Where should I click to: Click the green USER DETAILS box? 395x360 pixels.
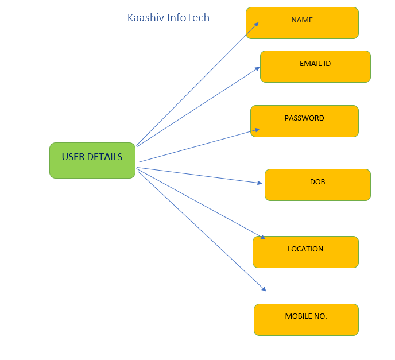[x=92, y=160]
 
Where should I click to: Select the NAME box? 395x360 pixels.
[x=302, y=23]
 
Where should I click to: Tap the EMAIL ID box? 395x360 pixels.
[x=315, y=67]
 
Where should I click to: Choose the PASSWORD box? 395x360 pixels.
[x=304, y=121]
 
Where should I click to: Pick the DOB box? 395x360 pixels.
[x=317, y=185]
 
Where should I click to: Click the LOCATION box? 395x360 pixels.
[x=305, y=252]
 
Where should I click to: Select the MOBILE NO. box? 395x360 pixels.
[x=306, y=320]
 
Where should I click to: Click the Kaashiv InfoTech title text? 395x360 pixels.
[x=168, y=18]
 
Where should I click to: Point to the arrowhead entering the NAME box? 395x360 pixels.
[x=256, y=25]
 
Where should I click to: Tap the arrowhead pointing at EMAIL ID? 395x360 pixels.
[x=257, y=69]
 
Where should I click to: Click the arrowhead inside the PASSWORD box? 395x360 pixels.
[x=257, y=130]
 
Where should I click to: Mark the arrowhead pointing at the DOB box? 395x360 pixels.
[x=260, y=183]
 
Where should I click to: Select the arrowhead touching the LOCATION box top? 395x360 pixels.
[x=262, y=237]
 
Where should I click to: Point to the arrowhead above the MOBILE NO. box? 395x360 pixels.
[x=264, y=289]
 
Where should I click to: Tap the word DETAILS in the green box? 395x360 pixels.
[x=104, y=157]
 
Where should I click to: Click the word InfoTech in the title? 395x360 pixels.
[x=188, y=18]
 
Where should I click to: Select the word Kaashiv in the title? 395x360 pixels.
[x=146, y=18]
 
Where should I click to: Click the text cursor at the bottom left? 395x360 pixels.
[x=14, y=339]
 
